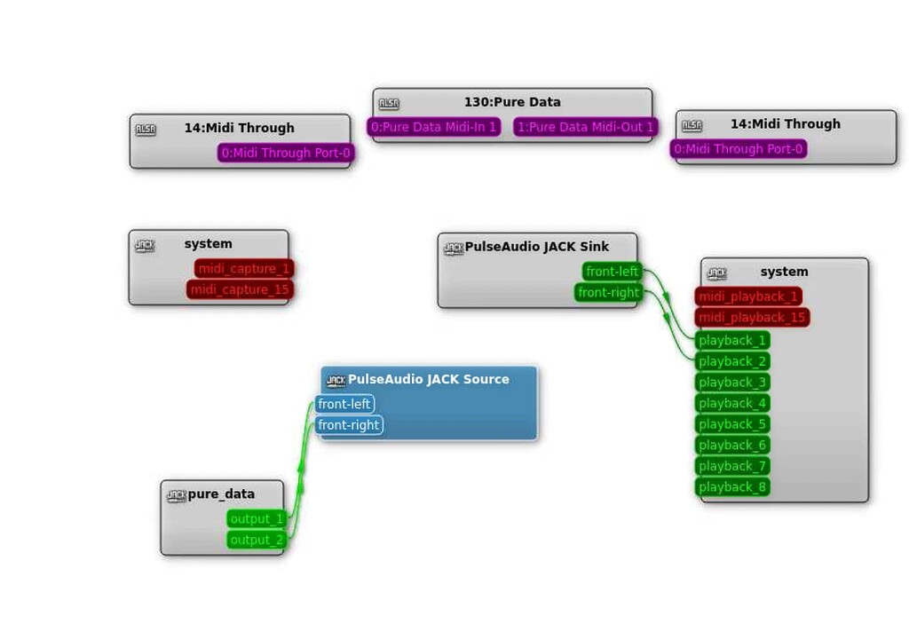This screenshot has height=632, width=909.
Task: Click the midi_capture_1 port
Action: coord(244,269)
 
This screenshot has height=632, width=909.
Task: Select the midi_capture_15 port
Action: coord(240,290)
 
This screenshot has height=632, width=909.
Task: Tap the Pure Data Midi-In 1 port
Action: coord(434,127)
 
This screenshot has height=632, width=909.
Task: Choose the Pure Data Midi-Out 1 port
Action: coord(585,127)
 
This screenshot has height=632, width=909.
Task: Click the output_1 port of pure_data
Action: coord(256,519)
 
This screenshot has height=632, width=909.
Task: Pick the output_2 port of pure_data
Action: coord(256,540)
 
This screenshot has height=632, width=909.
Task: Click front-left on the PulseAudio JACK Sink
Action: coord(612,272)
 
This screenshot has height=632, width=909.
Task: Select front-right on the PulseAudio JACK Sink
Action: coord(608,293)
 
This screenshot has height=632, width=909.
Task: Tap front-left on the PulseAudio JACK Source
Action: coord(344,405)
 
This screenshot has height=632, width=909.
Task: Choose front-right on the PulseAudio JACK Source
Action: coord(348,425)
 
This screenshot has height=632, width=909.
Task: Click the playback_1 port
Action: coord(731,341)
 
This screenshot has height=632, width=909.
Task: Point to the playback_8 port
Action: coord(731,487)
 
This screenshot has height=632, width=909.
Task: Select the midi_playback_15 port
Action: coord(752,318)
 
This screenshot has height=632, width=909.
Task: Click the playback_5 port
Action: coord(731,424)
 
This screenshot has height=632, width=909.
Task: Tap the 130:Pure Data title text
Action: coord(512,102)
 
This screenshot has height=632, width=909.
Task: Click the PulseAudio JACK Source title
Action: coord(428,379)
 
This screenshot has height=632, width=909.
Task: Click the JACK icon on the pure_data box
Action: coord(177,495)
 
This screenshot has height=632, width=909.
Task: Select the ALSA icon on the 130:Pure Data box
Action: coord(389,103)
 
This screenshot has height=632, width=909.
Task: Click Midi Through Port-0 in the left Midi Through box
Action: coord(286,154)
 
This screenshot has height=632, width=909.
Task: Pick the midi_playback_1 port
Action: coord(748,296)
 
